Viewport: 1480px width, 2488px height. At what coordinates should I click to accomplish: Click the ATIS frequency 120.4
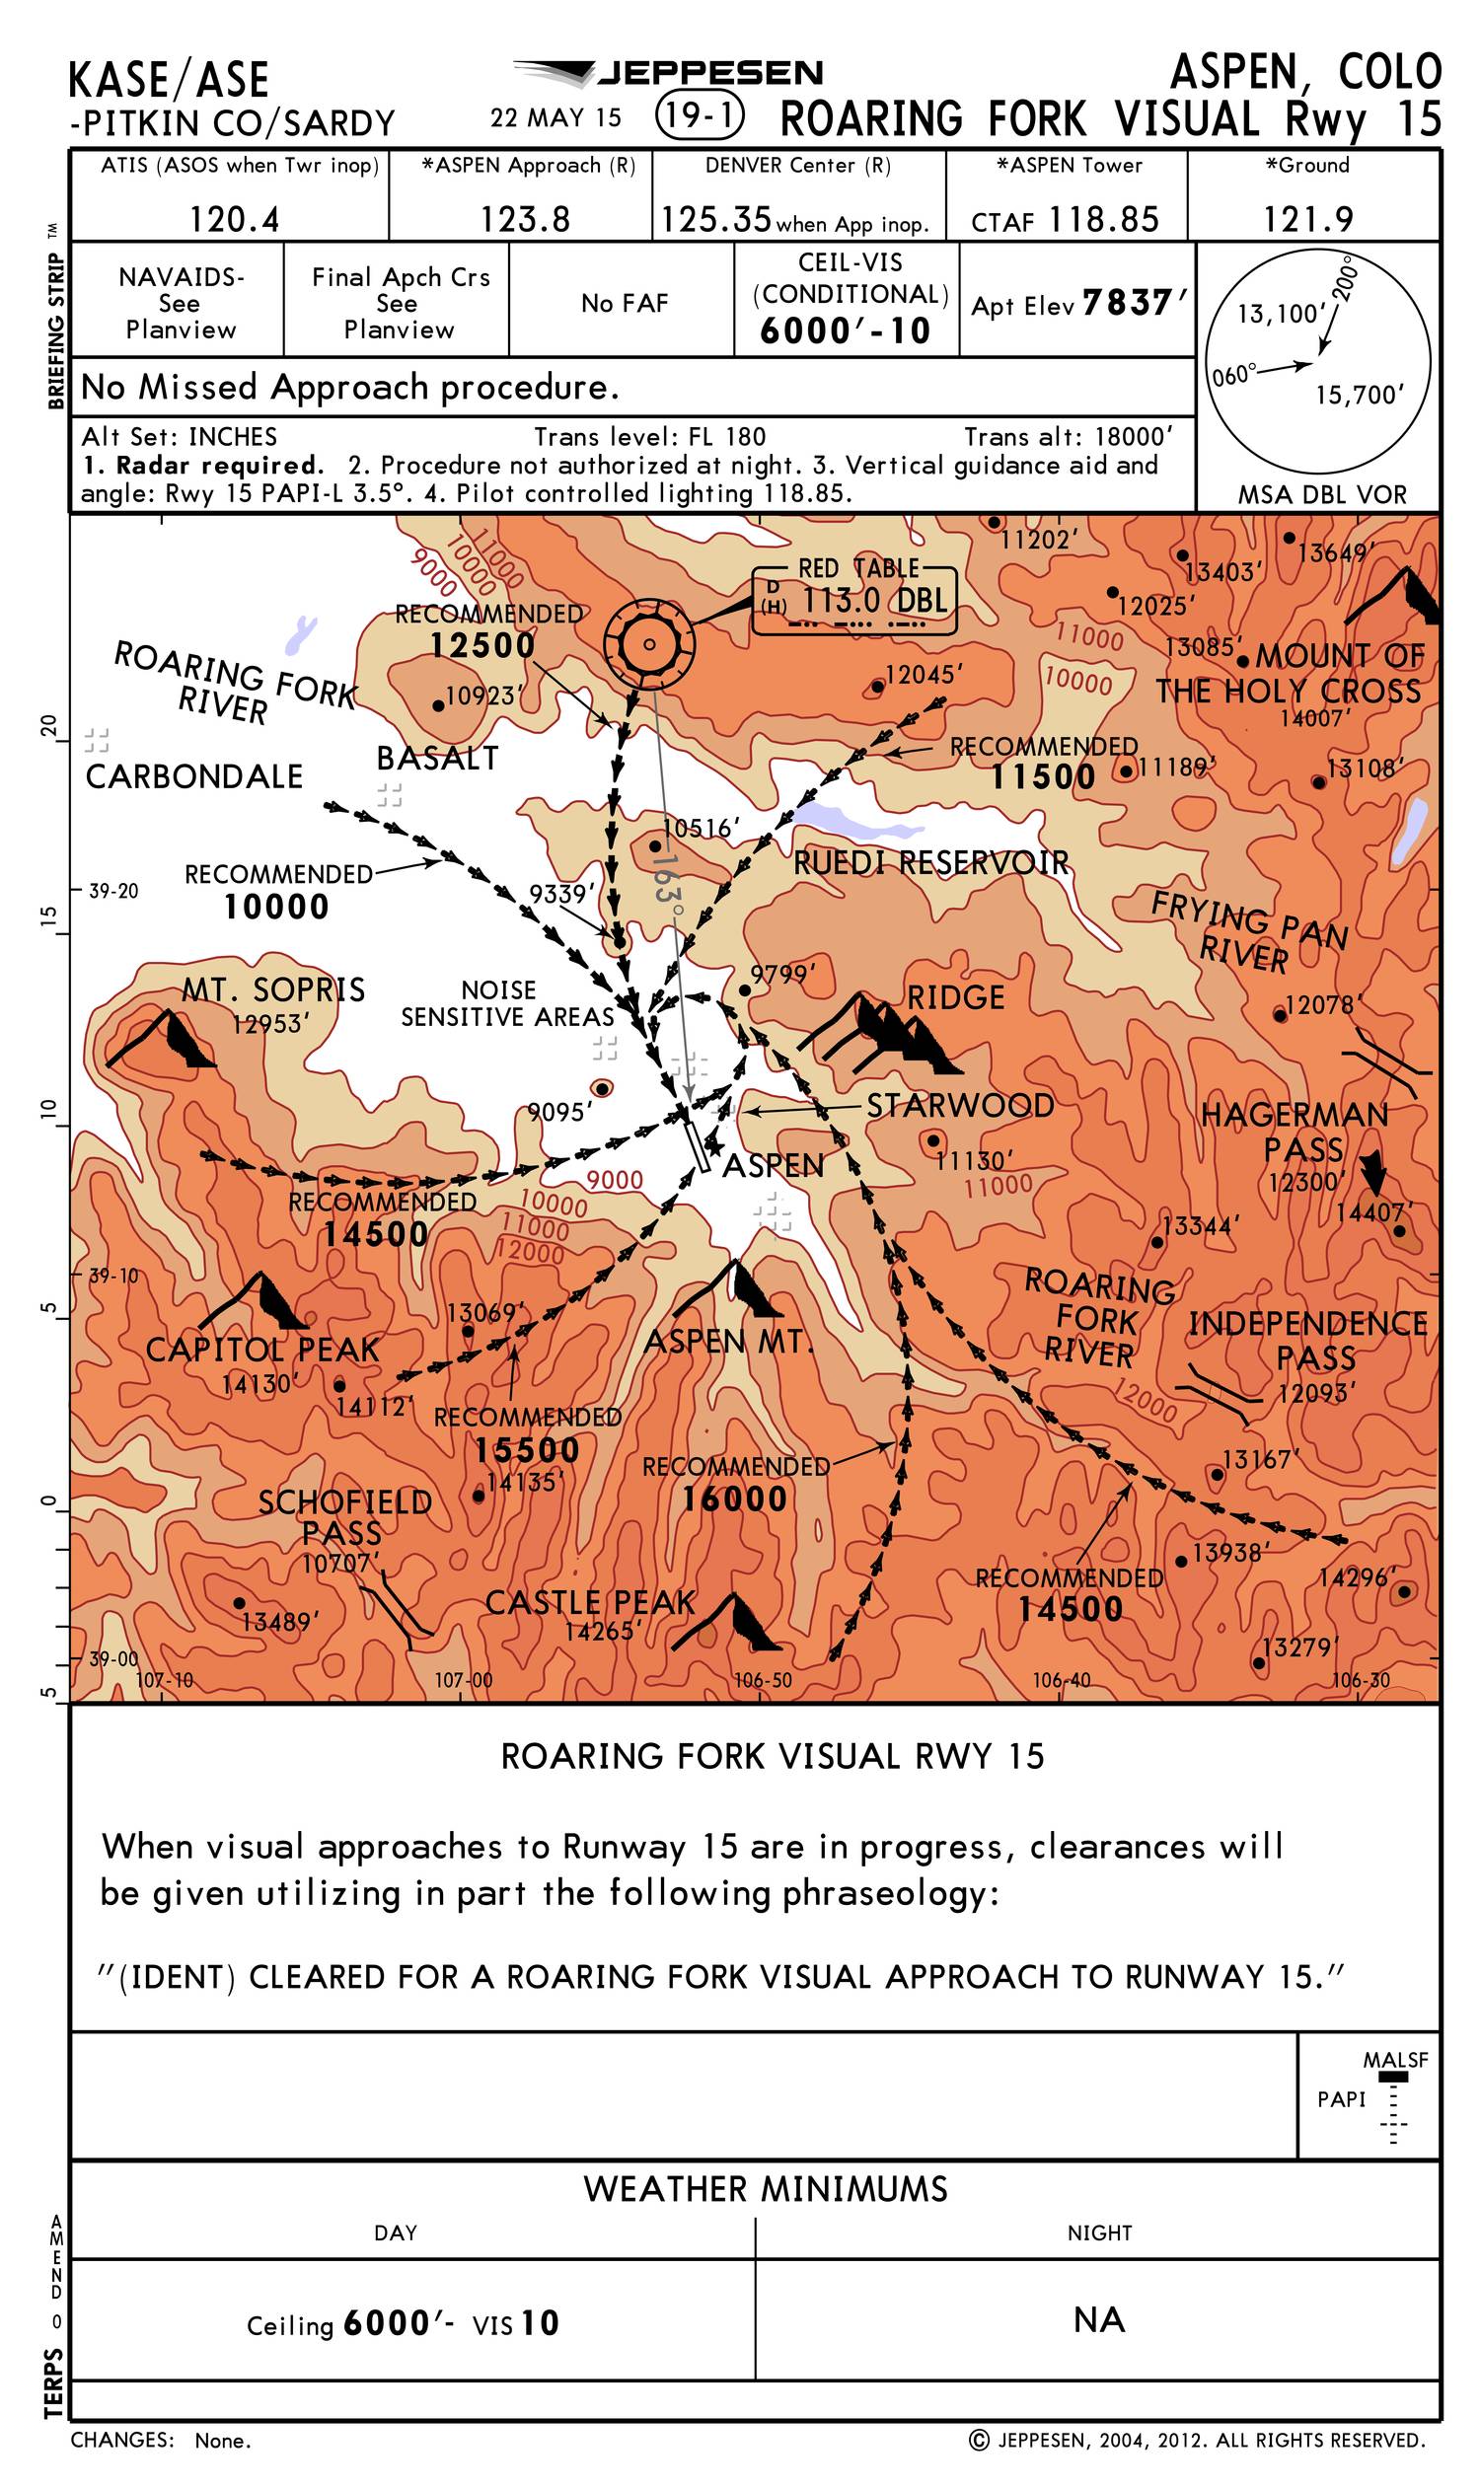pyautogui.click(x=235, y=219)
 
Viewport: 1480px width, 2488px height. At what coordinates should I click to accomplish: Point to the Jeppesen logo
pyautogui.click(x=668, y=73)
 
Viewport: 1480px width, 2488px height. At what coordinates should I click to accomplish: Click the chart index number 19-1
pyautogui.click(x=701, y=117)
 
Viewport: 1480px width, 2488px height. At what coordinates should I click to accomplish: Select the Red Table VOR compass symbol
pyautogui.click(x=649, y=644)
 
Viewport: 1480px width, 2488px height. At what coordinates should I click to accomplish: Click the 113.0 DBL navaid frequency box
pyautogui.click(x=853, y=601)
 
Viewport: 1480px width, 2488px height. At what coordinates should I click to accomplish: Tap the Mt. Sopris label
pyautogui.click(x=273, y=990)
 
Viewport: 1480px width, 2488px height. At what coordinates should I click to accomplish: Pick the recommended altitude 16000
pyautogui.click(x=734, y=1499)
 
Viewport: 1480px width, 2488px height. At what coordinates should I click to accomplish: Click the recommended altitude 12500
pyautogui.click(x=482, y=645)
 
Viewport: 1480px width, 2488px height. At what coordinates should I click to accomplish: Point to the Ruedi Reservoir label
pyautogui.click(x=930, y=862)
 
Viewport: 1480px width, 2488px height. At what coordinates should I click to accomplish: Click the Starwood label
pyautogui.click(x=959, y=1106)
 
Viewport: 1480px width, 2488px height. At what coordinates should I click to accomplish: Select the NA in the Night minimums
pyautogui.click(x=1098, y=2319)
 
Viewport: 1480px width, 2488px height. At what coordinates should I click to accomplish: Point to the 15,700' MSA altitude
pyautogui.click(x=1359, y=396)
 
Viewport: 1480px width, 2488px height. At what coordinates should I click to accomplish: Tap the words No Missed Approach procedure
pyautogui.click(x=349, y=387)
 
